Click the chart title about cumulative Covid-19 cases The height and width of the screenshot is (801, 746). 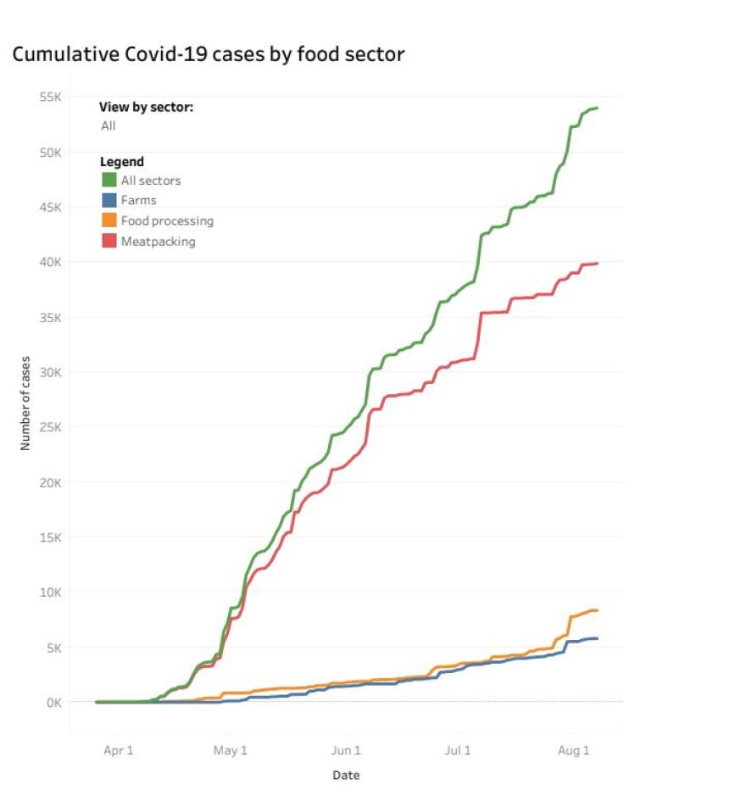click(x=208, y=55)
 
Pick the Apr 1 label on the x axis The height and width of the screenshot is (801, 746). click(x=118, y=750)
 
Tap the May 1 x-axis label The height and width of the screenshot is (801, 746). click(x=231, y=750)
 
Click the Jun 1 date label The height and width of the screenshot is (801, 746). click(x=346, y=750)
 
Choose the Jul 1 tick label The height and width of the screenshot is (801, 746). click(x=458, y=750)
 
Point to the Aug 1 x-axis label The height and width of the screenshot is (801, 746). click(x=573, y=750)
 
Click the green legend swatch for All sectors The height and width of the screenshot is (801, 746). click(x=109, y=180)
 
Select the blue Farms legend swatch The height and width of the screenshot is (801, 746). click(x=109, y=201)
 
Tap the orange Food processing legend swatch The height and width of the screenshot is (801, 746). click(x=109, y=221)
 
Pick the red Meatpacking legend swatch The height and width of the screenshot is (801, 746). click(x=109, y=242)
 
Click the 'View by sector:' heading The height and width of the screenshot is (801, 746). click(x=147, y=108)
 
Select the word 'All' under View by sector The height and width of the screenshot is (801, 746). click(x=109, y=126)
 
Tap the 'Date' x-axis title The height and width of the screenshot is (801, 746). click(x=345, y=776)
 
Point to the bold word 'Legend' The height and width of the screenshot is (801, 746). click(x=122, y=162)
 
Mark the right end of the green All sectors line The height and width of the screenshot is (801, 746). click(x=598, y=108)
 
